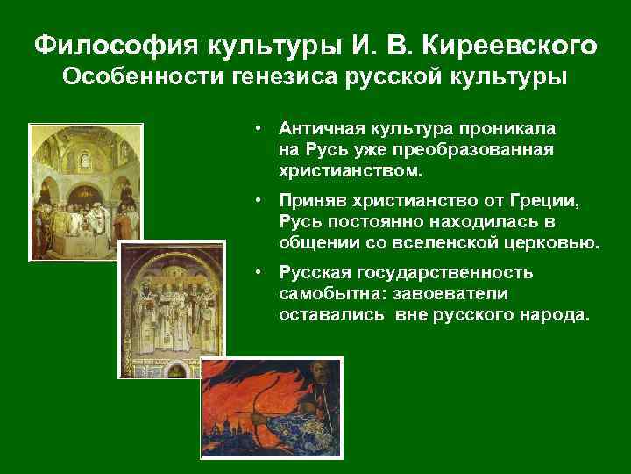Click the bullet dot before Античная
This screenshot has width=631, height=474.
tap(260, 128)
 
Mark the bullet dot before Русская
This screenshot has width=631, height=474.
tap(260, 273)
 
